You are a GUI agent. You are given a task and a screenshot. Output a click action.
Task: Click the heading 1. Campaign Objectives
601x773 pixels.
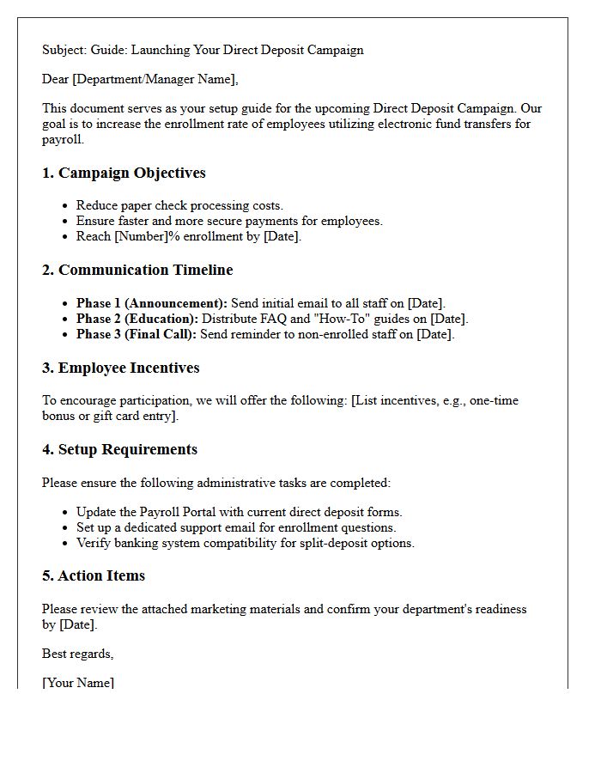(x=124, y=173)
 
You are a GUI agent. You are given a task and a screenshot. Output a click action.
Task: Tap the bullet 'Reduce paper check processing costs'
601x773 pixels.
(x=179, y=205)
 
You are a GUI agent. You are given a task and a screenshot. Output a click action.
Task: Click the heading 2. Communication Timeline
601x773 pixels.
(x=137, y=270)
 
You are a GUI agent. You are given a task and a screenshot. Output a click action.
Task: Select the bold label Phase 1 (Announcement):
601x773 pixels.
(x=151, y=303)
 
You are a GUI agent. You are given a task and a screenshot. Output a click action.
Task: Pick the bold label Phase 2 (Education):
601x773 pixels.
(x=137, y=319)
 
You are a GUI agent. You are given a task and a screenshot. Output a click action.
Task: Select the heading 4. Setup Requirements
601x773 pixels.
(x=119, y=449)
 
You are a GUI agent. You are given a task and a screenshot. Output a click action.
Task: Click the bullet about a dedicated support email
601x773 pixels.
(x=236, y=527)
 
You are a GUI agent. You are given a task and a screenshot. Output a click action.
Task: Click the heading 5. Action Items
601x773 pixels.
(x=94, y=575)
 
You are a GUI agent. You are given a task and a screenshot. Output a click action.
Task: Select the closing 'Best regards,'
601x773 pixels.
(x=77, y=654)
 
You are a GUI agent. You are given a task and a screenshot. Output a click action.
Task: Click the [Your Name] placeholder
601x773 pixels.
(x=77, y=683)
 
